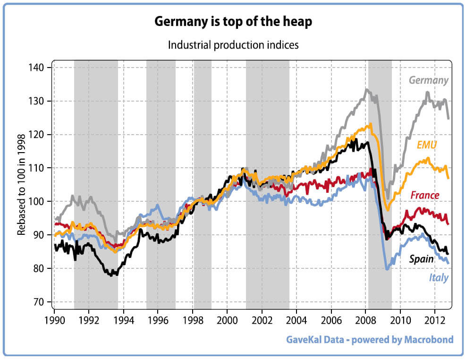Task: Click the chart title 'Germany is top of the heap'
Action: coord(233,22)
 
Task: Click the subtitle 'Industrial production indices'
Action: coord(233,45)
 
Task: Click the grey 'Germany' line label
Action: coord(428,80)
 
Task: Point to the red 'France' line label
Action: coord(424,195)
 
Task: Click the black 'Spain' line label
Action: coord(421,259)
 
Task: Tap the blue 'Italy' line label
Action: coord(439,277)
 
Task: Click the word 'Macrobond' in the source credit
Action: coord(428,340)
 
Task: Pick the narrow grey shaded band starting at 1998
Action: coord(203,184)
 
